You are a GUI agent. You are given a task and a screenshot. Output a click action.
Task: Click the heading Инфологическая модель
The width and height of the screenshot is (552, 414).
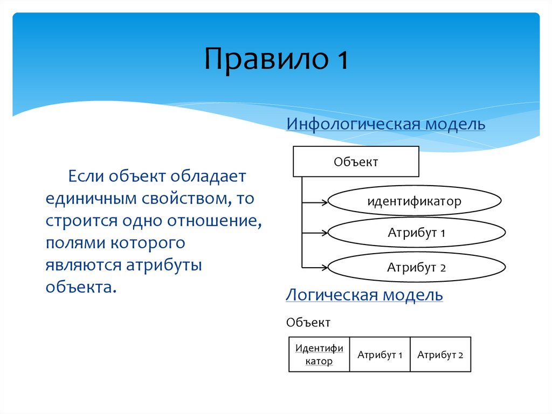tap(385, 124)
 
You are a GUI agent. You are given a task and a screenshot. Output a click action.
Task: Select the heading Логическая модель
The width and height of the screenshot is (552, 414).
tap(364, 295)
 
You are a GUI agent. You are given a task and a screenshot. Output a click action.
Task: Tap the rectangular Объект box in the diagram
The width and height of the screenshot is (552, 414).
tap(356, 161)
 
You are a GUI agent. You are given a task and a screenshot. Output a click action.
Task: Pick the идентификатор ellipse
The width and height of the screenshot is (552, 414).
tap(415, 202)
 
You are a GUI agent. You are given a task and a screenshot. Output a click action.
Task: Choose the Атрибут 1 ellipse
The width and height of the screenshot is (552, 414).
tap(416, 234)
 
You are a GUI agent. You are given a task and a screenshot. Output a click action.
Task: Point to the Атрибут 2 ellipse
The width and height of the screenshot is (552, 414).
tap(416, 267)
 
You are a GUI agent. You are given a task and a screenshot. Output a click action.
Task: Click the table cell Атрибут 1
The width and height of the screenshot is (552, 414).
tap(380, 355)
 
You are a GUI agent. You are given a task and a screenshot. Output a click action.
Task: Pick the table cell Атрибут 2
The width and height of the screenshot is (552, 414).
tap(440, 355)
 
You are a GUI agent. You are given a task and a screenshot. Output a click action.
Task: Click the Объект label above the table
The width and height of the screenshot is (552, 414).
tap(308, 323)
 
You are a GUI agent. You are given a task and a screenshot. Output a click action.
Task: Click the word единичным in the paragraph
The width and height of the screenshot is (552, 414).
tap(92, 199)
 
